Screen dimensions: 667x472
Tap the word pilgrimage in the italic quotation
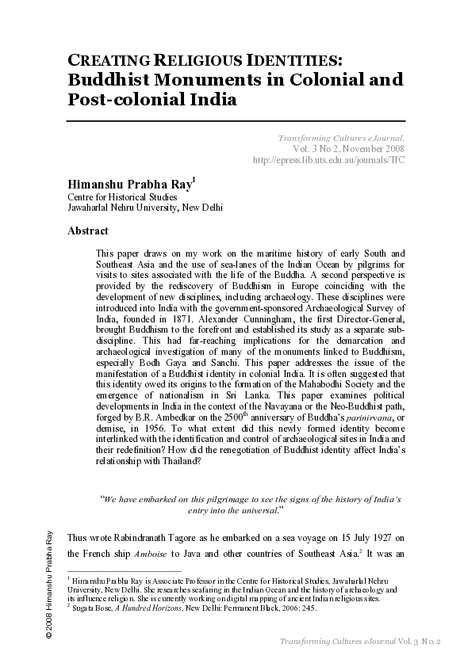pos(216,500)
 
